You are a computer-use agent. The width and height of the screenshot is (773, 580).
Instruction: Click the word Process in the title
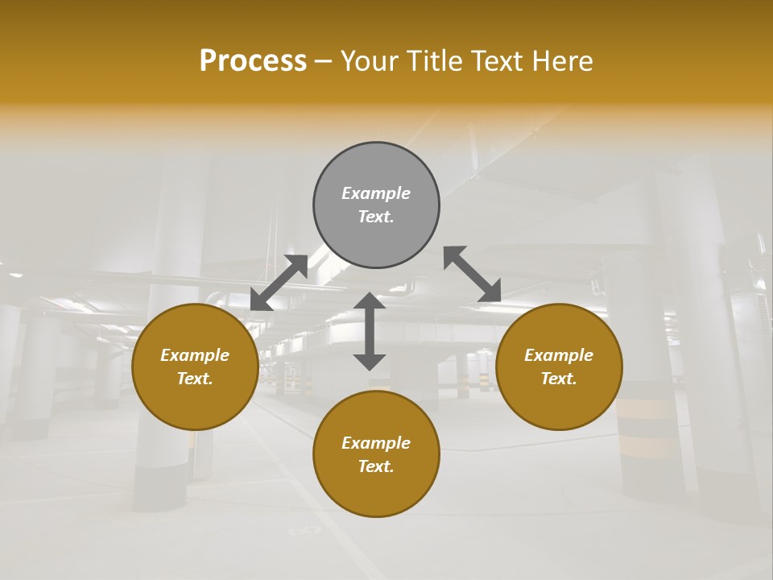pyautogui.click(x=253, y=61)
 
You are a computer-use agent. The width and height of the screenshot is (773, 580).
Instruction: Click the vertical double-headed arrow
pyautogui.click(x=370, y=332)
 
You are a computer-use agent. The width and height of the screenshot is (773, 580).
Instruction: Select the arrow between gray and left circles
pyautogui.click(x=279, y=282)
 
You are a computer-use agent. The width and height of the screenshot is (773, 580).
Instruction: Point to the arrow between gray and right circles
pyautogui.click(x=473, y=274)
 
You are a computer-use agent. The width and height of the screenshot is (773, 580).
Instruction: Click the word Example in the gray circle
pyautogui.click(x=376, y=193)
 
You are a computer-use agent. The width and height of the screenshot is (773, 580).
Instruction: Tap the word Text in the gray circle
pyautogui.click(x=376, y=217)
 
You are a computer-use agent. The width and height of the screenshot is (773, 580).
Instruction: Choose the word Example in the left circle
pyautogui.click(x=195, y=355)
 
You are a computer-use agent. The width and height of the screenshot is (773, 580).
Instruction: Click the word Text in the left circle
pyautogui.click(x=195, y=379)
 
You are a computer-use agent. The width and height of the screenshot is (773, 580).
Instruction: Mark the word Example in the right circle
pyautogui.click(x=559, y=355)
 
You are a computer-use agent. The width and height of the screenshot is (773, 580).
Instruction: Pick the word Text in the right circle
pyautogui.click(x=559, y=379)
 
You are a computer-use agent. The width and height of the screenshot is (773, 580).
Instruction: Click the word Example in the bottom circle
pyautogui.click(x=376, y=443)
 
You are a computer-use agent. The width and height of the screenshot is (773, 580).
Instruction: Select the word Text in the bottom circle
pyautogui.click(x=376, y=466)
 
